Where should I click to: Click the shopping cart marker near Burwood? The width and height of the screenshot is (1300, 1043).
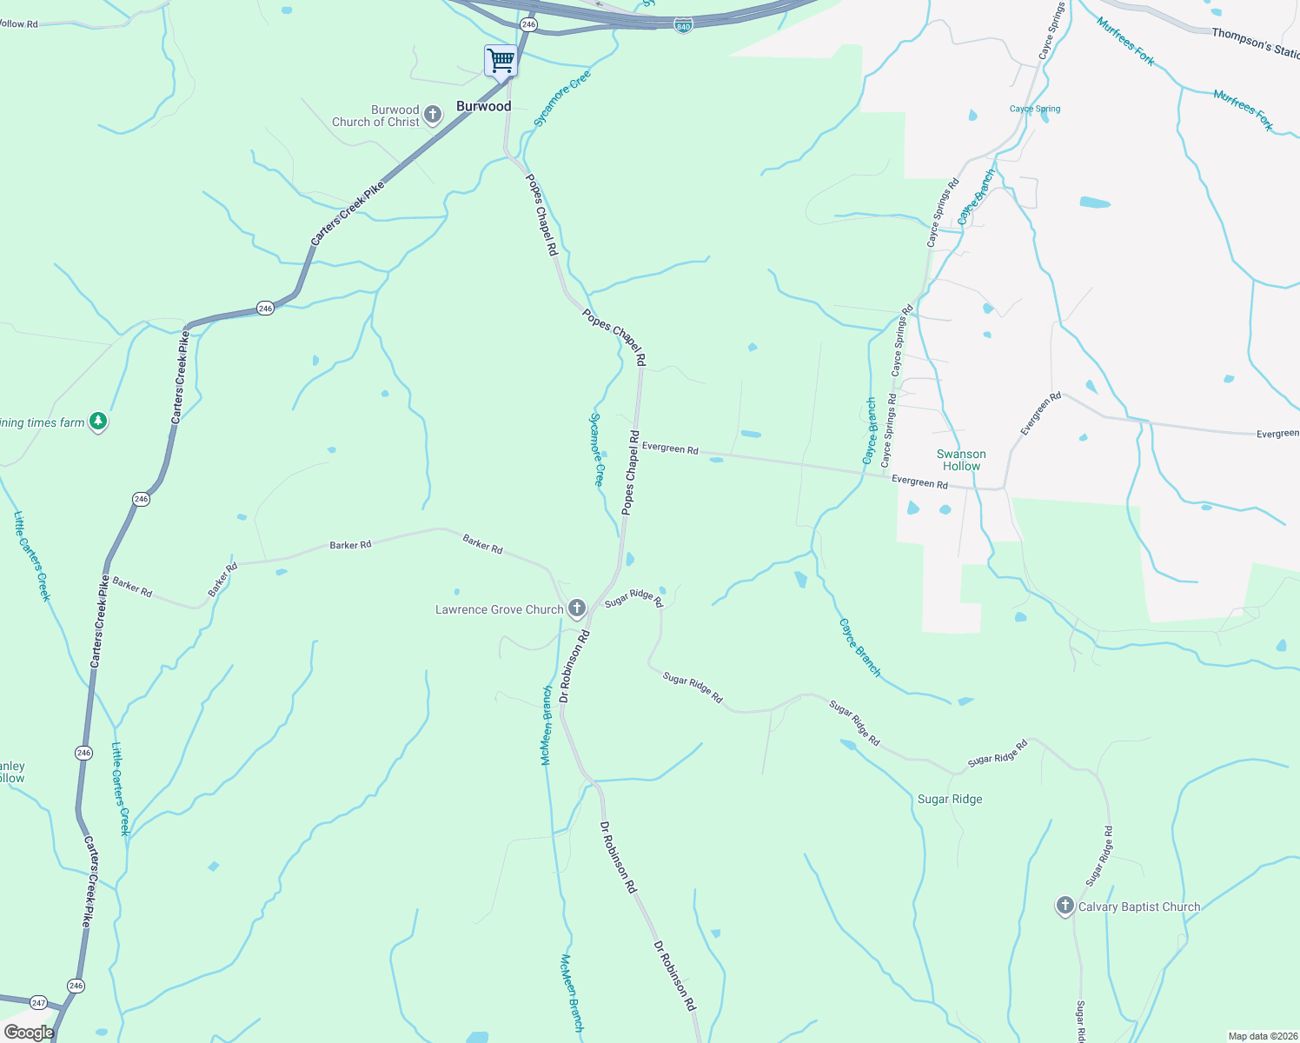coord(501,62)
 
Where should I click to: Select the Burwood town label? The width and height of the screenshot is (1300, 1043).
coord(484,107)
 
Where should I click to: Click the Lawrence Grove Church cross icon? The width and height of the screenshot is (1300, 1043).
coord(577,608)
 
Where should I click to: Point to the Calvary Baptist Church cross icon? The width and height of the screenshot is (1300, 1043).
coord(1065,906)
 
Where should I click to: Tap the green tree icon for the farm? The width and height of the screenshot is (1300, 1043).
coord(98,422)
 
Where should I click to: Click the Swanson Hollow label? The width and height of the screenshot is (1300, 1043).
coord(961,460)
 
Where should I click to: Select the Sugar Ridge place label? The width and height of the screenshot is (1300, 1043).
coord(950,800)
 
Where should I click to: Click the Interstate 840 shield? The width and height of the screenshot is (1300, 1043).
coord(683,26)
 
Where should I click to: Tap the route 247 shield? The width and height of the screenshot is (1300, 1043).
coord(38,1003)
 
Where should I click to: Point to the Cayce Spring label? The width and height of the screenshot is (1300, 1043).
coord(1034,110)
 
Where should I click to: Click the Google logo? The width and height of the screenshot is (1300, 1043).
coord(29,1033)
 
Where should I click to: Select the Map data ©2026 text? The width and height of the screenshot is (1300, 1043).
coord(1263,1036)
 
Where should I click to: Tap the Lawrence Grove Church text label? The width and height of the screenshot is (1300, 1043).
coord(500,610)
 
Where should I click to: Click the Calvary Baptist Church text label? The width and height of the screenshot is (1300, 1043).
coord(1139,907)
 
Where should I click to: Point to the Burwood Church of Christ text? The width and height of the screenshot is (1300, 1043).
coord(376,116)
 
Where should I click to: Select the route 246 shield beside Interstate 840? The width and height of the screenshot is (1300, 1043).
coord(529,24)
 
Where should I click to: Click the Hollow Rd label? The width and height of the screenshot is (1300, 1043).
coord(19,24)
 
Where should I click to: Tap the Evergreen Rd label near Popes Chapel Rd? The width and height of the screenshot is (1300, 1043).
coord(670,448)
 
